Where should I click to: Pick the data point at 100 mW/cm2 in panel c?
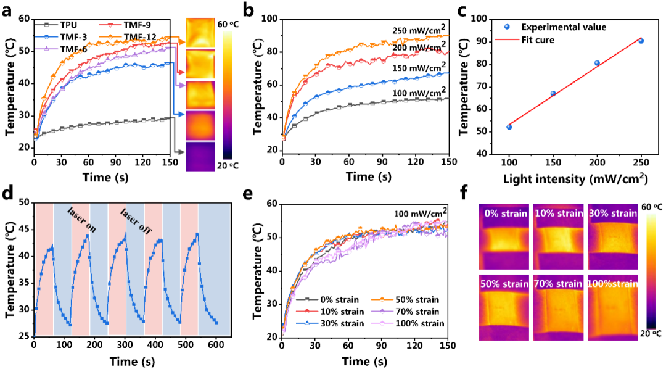point(509,127)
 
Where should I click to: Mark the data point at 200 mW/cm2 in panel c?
point(597,63)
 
